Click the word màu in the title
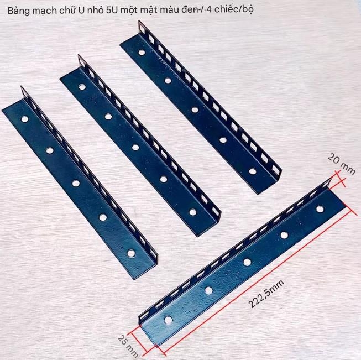click(168, 11)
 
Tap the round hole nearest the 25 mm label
click(168, 320)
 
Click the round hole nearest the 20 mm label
click(320, 208)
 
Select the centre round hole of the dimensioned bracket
click(247, 262)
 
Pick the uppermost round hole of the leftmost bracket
click(25, 118)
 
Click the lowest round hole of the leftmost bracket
click(131, 253)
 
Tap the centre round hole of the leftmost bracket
click(76, 182)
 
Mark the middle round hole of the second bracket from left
click(135, 147)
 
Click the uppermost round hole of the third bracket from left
click(142, 53)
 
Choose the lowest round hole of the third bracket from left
click(253, 171)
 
